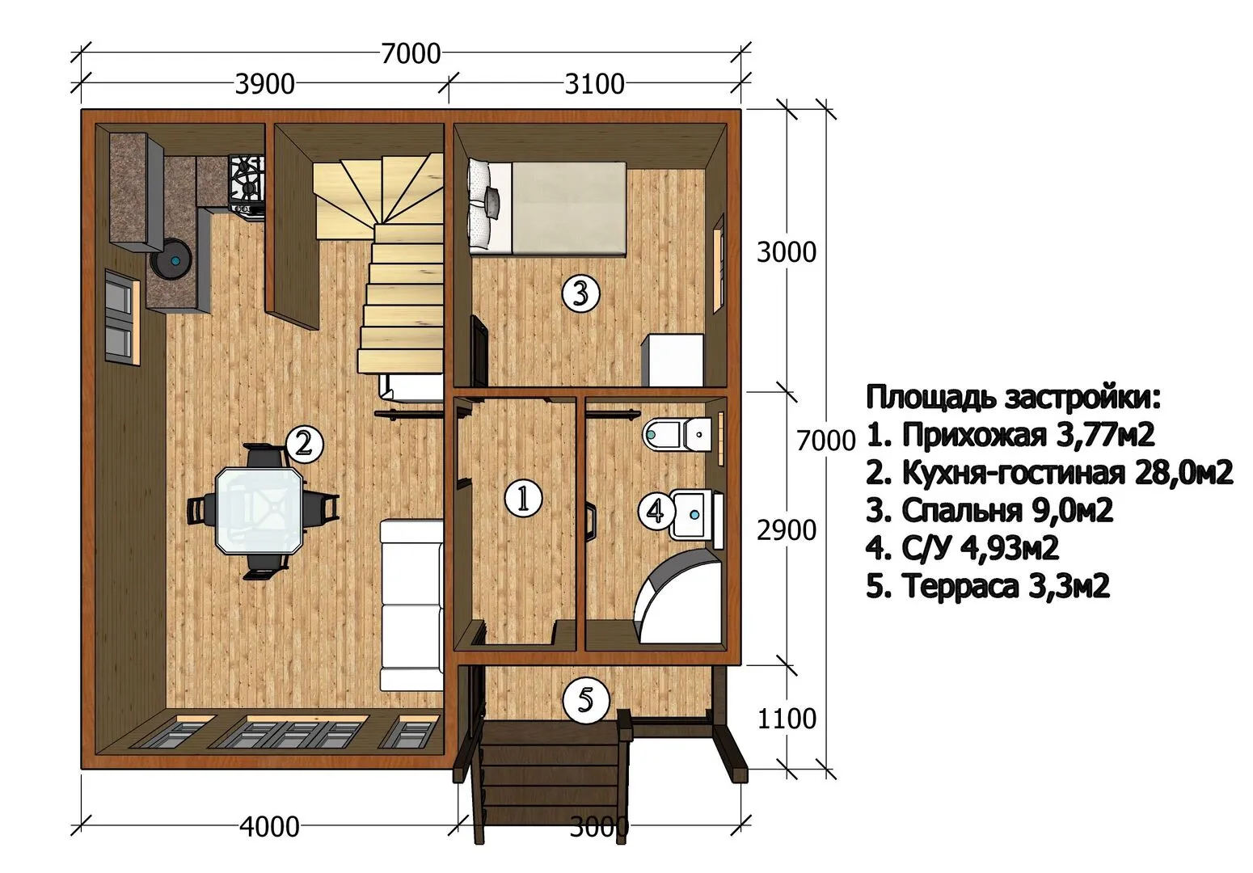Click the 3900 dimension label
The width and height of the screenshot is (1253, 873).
pos(264,84)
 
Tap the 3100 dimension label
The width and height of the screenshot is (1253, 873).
pos(594,84)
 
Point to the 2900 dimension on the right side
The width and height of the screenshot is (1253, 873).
pos(787,530)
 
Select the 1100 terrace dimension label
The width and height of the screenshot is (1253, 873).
pos(787,719)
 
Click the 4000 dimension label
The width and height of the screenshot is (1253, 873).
pos(270,827)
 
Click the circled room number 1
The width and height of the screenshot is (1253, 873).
pos(523,498)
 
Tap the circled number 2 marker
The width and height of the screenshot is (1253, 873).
pos(304,445)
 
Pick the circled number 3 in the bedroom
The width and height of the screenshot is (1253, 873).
pos(580,293)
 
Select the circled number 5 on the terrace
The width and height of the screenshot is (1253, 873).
pos(585,700)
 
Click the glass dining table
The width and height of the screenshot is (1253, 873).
pos(259,511)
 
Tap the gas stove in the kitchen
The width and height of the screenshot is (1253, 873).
pos(246,184)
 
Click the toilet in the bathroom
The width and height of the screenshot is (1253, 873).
pos(677,433)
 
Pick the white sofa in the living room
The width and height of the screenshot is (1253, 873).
pos(411,605)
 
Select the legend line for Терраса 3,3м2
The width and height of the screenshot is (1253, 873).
pos(988,586)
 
